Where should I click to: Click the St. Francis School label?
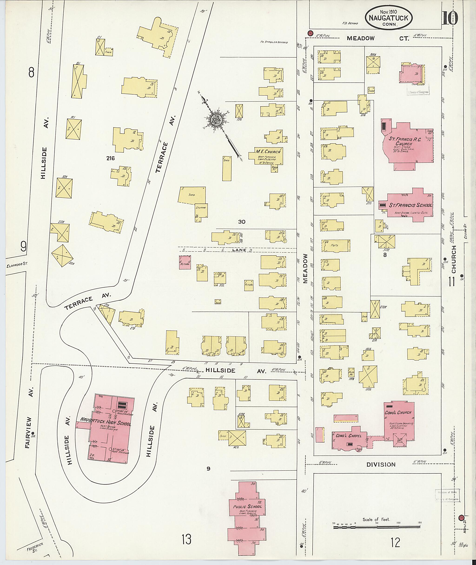click(410, 205)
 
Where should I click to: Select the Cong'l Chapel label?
click(349, 436)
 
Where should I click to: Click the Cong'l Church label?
click(398, 413)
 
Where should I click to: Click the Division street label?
click(381, 465)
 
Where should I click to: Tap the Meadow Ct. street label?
click(377, 38)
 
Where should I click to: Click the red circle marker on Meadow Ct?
click(310, 33)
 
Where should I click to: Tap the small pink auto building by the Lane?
click(185, 262)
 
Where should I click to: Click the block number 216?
click(110, 159)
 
